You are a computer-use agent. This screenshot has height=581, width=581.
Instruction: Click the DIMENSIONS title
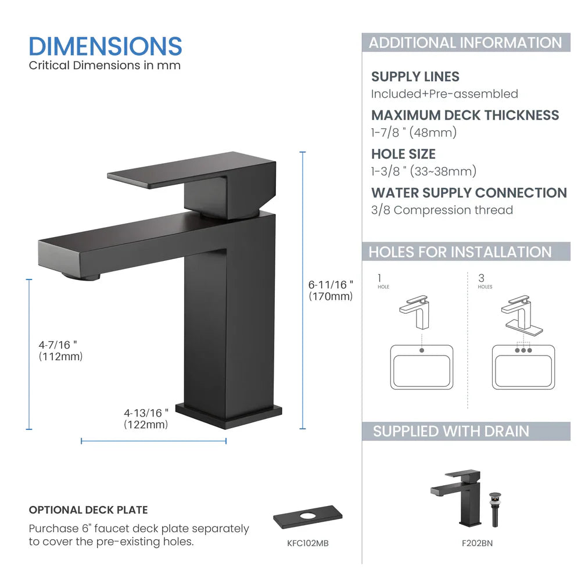[105, 46]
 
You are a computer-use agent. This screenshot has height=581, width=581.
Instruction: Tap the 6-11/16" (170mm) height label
[331, 290]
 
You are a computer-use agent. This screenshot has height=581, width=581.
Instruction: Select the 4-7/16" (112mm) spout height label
[60, 351]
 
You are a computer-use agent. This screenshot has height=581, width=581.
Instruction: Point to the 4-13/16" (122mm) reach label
[146, 418]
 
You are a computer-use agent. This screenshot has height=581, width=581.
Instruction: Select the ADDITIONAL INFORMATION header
[465, 42]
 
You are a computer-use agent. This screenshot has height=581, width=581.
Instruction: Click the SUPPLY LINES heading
[415, 77]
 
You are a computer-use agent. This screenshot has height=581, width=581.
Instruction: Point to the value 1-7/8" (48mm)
[414, 132]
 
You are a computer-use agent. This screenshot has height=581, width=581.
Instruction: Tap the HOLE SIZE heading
[403, 154]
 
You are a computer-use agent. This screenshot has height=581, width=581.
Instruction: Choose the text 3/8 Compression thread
[442, 210]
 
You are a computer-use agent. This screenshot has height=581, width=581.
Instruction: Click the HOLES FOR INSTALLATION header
[460, 252]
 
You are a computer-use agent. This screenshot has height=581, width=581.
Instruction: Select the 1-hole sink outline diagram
[422, 367]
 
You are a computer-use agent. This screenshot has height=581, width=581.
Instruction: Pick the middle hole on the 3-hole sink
[523, 350]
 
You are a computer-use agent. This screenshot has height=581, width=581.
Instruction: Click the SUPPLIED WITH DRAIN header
[451, 431]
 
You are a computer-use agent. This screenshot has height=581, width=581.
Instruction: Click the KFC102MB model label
[308, 543]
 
